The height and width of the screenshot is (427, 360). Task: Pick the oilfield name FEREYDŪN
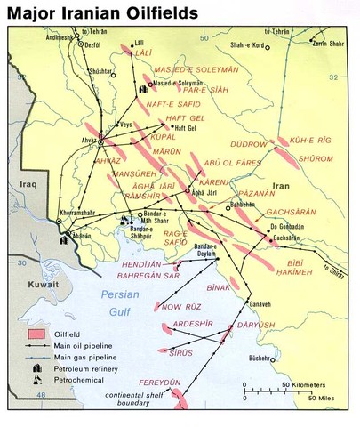158,381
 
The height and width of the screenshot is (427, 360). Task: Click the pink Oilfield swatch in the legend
36,334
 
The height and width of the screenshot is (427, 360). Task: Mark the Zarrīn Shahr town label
331,42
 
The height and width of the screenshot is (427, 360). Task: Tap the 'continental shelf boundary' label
138,399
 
